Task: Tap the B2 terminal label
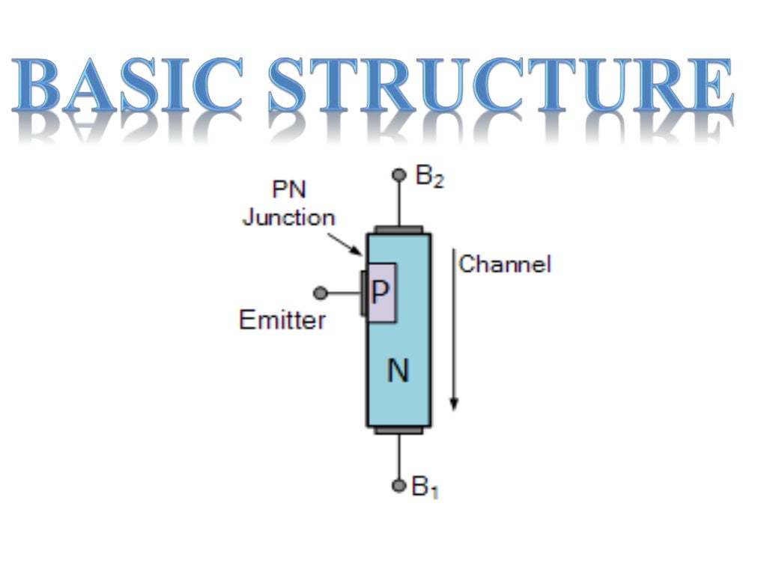click(x=429, y=177)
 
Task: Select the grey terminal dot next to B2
click(x=398, y=176)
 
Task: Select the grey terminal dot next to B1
click(x=398, y=485)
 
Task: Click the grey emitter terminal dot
click(x=321, y=293)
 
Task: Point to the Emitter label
click(x=282, y=320)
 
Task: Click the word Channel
click(x=504, y=264)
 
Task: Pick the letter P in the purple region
click(x=381, y=291)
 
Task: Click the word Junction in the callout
click(x=288, y=218)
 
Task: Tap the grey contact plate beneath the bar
click(x=398, y=431)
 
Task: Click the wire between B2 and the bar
click(x=398, y=204)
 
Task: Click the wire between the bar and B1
click(x=398, y=457)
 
